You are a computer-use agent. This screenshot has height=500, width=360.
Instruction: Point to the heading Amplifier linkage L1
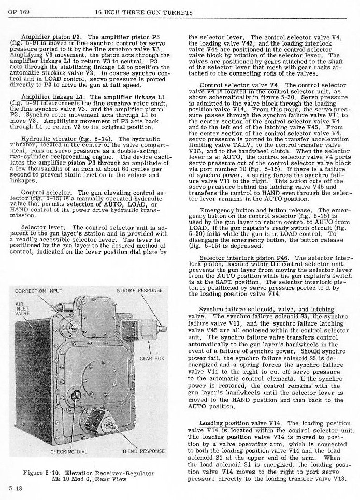(x=53, y=97)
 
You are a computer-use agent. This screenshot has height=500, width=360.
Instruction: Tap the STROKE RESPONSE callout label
(x=139, y=291)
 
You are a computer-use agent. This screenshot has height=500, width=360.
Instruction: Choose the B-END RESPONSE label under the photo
(x=143, y=452)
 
